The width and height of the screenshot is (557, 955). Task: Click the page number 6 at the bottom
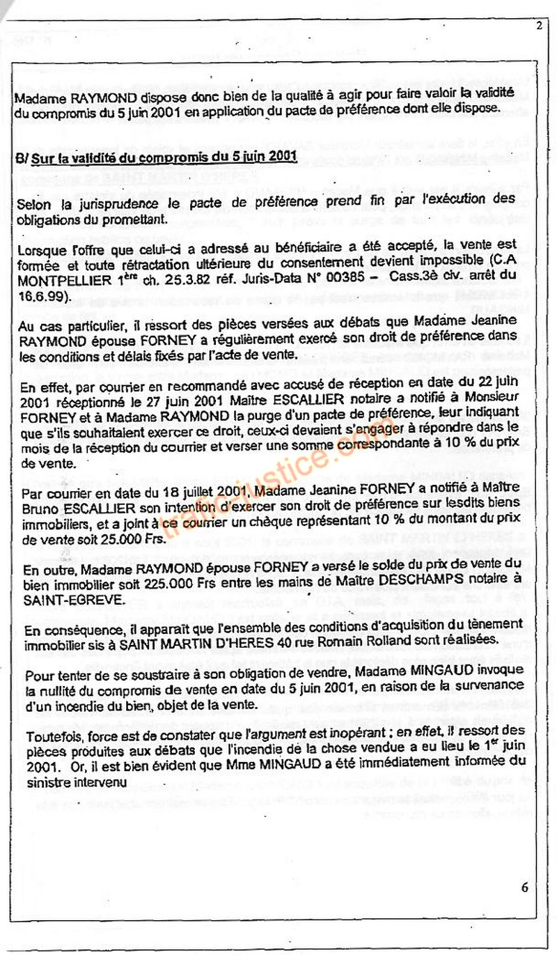click(x=524, y=887)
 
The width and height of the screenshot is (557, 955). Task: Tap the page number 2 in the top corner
click(x=540, y=26)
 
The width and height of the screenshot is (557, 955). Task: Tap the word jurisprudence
click(x=111, y=201)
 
